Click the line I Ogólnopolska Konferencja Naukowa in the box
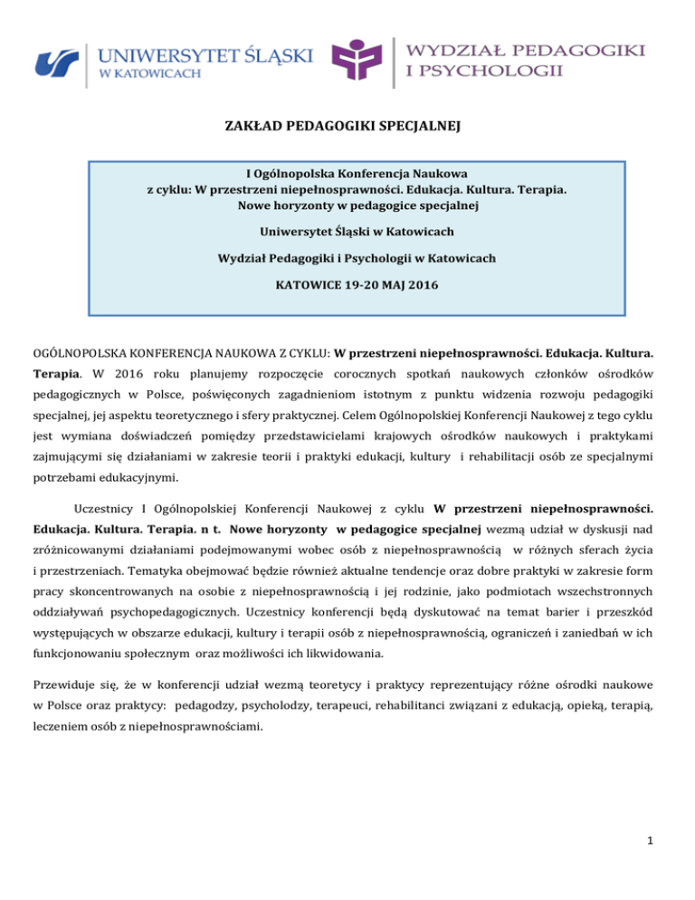[347, 175]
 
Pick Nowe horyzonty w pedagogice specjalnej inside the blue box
[347, 206]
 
